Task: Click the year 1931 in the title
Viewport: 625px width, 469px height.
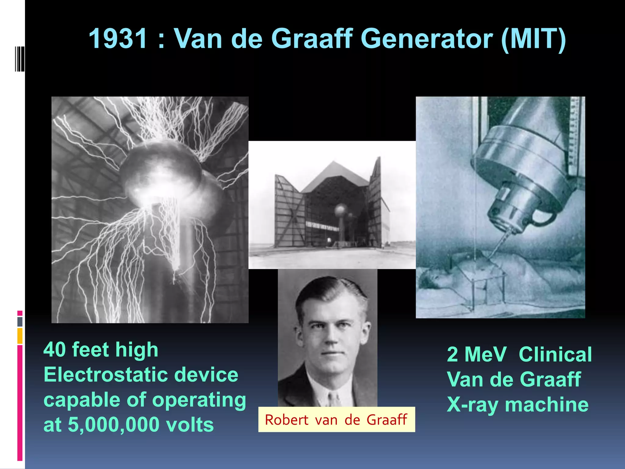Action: coord(118,39)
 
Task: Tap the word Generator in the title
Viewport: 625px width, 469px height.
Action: coord(427,39)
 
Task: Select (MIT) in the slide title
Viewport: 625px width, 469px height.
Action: coord(533,39)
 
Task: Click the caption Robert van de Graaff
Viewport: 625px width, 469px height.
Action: coord(336,420)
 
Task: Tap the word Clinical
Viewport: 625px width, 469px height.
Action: coord(555,355)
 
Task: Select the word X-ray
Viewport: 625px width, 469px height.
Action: coord(472,405)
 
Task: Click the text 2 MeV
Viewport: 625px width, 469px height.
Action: coord(476,355)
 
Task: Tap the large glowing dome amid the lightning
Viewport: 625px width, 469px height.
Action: coord(162,171)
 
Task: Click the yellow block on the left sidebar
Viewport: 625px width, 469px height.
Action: coord(20,336)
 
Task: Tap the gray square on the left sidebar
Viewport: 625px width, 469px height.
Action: coord(20,322)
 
